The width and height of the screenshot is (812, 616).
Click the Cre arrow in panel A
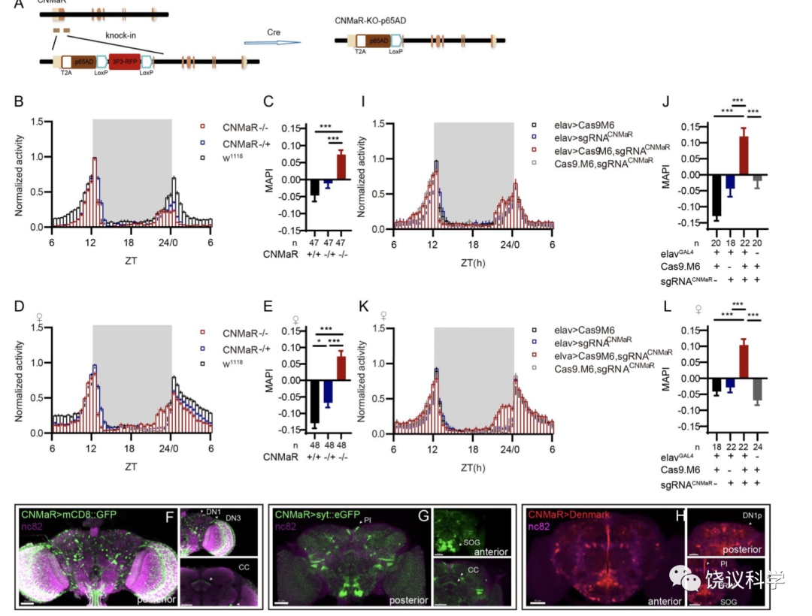point(271,43)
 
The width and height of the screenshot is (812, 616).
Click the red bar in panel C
point(341,165)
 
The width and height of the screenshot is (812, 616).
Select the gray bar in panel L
point(757,389)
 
